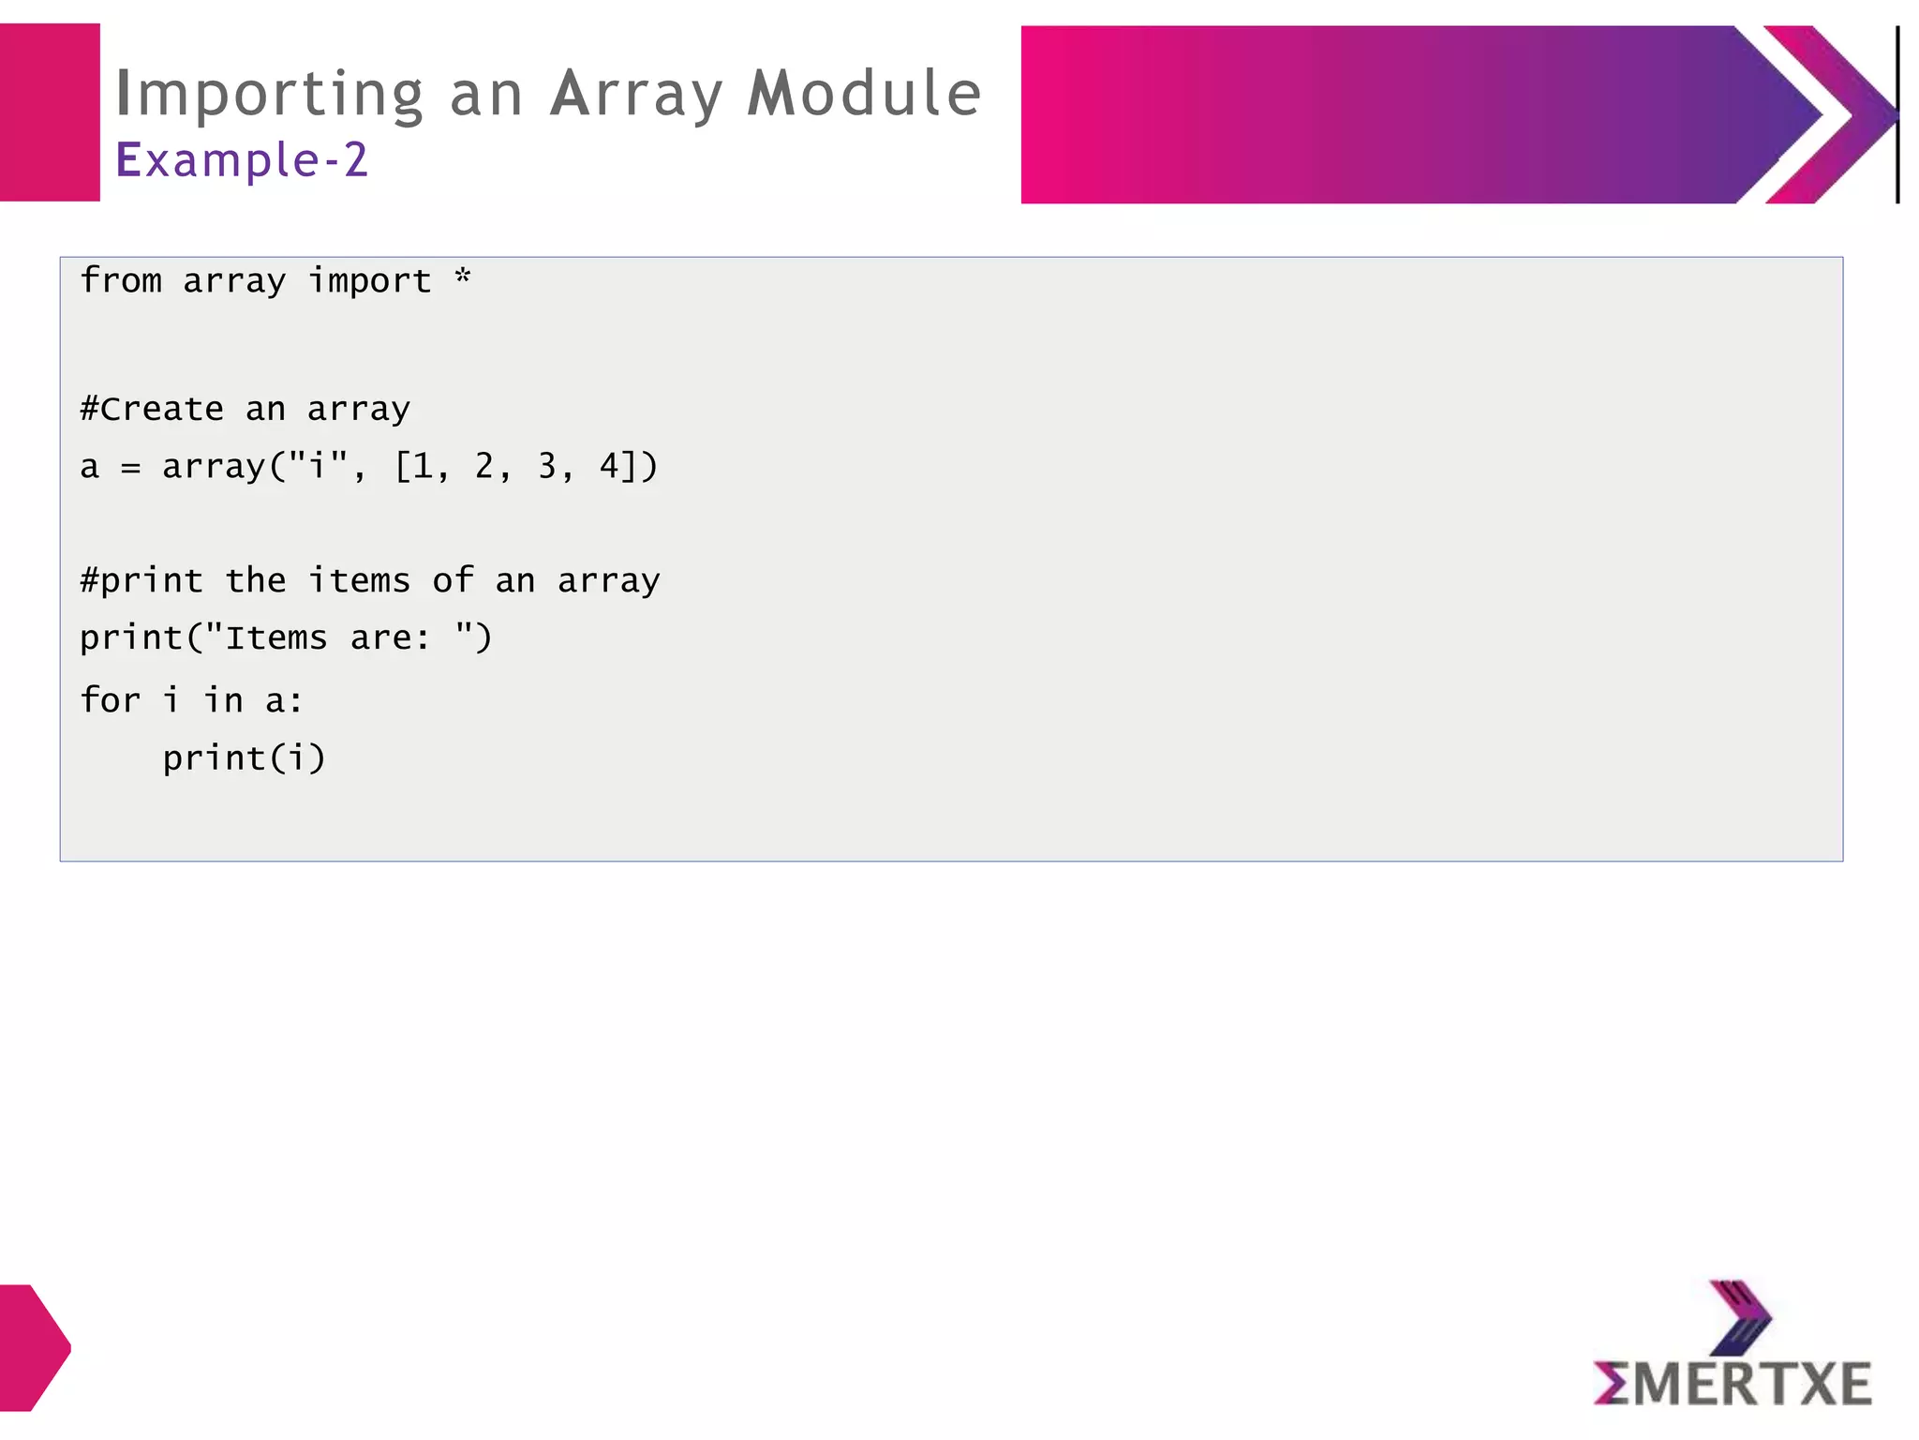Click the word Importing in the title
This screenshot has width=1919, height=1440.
(x=270, y=96)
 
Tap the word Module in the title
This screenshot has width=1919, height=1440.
(x=863, y=94)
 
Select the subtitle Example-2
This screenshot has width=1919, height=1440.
(x=242, y=159)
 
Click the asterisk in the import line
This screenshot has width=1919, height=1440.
(x=463, y=277)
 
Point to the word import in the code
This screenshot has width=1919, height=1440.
(x=370, y=281)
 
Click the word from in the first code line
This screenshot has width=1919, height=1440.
(x=121, y=280)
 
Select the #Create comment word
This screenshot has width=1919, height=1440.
(x=152, y=410)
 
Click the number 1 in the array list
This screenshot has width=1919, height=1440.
(x=423, y=466)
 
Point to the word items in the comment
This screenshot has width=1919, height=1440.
(x=359, y=581)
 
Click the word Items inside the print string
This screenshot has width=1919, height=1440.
(x=276, y=638)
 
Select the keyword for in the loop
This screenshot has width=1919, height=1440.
(x=111, y=700)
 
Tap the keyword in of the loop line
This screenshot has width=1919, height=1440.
(x=224, y=700)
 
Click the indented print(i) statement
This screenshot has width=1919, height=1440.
(x=244, y=758)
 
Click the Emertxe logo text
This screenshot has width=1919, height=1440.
(x=1733, y=1384)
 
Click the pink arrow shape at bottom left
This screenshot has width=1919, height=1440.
(x=34, y=1347)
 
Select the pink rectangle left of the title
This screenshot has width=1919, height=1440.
(x=50, y=112)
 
